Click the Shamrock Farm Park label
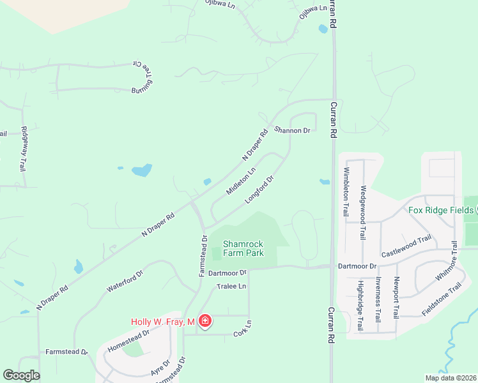click(x=243, y=248)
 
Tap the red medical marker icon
click(x=205, y=321)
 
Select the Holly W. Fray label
click(x=162, y=322)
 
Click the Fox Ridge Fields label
click(x=440, y=209)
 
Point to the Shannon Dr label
click(x=292, y=130)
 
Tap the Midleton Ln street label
click(x=241, y=181)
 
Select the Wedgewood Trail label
click(x=363, y=211)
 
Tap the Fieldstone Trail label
click(x=441, y=299)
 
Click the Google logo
click(x=21, y=375)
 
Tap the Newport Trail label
click(x=396, y=298)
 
